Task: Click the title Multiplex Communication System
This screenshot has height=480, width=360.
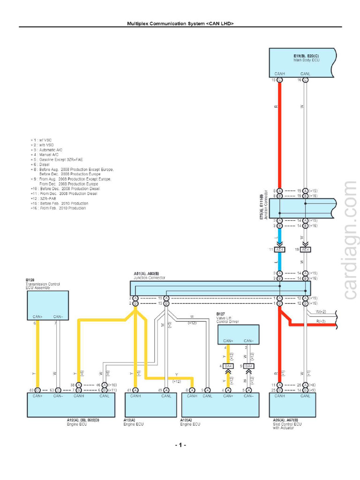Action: click(x=180, y=23)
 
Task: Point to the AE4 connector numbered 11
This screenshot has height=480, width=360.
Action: click(x=279, y=250)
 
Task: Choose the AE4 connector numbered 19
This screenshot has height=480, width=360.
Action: click(x=305, y=250)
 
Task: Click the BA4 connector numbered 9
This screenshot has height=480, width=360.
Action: click(x=249, y=366)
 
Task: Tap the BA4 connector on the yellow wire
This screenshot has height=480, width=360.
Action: click(x=228, y=366)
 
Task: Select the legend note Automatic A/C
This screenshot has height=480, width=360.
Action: click(x=47, y=150)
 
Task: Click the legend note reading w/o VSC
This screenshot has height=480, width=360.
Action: click(x=43, y=145)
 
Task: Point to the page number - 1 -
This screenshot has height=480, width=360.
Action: click(x=180, y=445)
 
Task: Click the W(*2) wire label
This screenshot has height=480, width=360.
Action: click(x=321, y=312)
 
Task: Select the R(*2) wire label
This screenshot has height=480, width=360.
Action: click(x=321, y=321)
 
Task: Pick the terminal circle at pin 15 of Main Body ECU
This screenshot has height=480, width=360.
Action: click(x=280, y=80)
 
